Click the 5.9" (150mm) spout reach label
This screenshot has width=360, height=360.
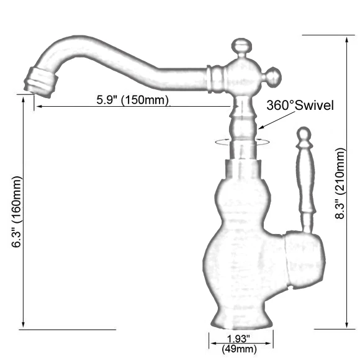(x=132, y=100)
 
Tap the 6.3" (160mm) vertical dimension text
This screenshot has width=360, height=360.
(x=17, y=212)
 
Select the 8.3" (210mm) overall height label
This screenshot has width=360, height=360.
(x=340, y=184)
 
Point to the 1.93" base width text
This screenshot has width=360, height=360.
(x=239, y=339)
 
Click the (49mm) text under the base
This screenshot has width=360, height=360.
(x=239, y=349)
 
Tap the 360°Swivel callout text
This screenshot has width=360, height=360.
(x=300, y=106)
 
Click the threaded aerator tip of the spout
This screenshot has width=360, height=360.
(x=40, y=82)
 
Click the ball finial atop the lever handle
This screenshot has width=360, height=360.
(x=304, y=133)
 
